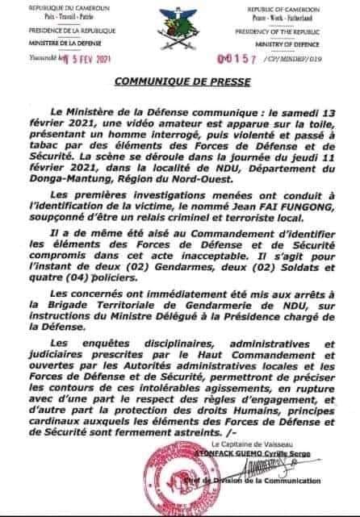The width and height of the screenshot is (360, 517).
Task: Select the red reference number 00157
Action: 247,61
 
